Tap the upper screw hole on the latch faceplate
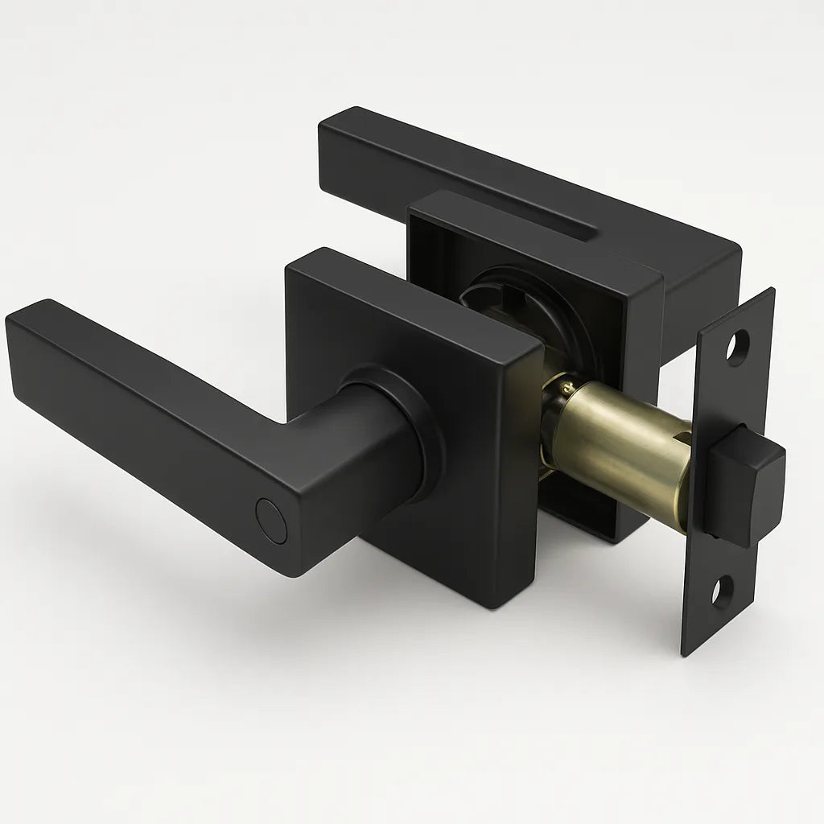[736, 347]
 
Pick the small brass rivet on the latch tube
[554, 392]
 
